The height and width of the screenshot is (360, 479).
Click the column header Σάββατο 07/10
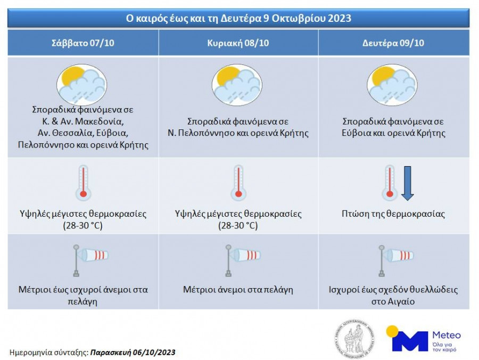coord(83,43)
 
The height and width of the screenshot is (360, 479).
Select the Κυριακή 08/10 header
coord(238,43)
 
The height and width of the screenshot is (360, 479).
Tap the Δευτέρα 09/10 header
coord(393,43)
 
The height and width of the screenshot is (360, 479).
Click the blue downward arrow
coord(407,183)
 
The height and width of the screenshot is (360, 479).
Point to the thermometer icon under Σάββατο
coord(83,183)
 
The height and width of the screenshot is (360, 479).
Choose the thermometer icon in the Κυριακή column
coord(238,183)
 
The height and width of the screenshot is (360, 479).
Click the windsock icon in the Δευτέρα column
coord(396,260)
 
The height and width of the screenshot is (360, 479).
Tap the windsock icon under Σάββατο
coord(90,260)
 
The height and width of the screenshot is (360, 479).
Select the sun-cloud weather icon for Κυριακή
coord(237,85)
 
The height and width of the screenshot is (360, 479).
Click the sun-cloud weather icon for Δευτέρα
coord(392,85)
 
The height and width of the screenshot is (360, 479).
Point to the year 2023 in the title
coord(340,18)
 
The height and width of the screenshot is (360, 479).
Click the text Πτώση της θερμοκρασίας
coord(393,214)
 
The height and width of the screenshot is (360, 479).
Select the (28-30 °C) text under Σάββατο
coord(83,226)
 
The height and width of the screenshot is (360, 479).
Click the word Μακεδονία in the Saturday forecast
coord(99,121)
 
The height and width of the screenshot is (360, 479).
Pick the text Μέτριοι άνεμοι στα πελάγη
coord(238,290)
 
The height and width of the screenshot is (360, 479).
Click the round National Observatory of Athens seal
coord(354,338)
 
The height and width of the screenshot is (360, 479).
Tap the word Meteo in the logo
coord(447,335)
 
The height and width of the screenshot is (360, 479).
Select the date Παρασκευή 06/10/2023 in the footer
coord(133,353)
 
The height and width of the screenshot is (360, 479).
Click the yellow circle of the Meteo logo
coord(392,331)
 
